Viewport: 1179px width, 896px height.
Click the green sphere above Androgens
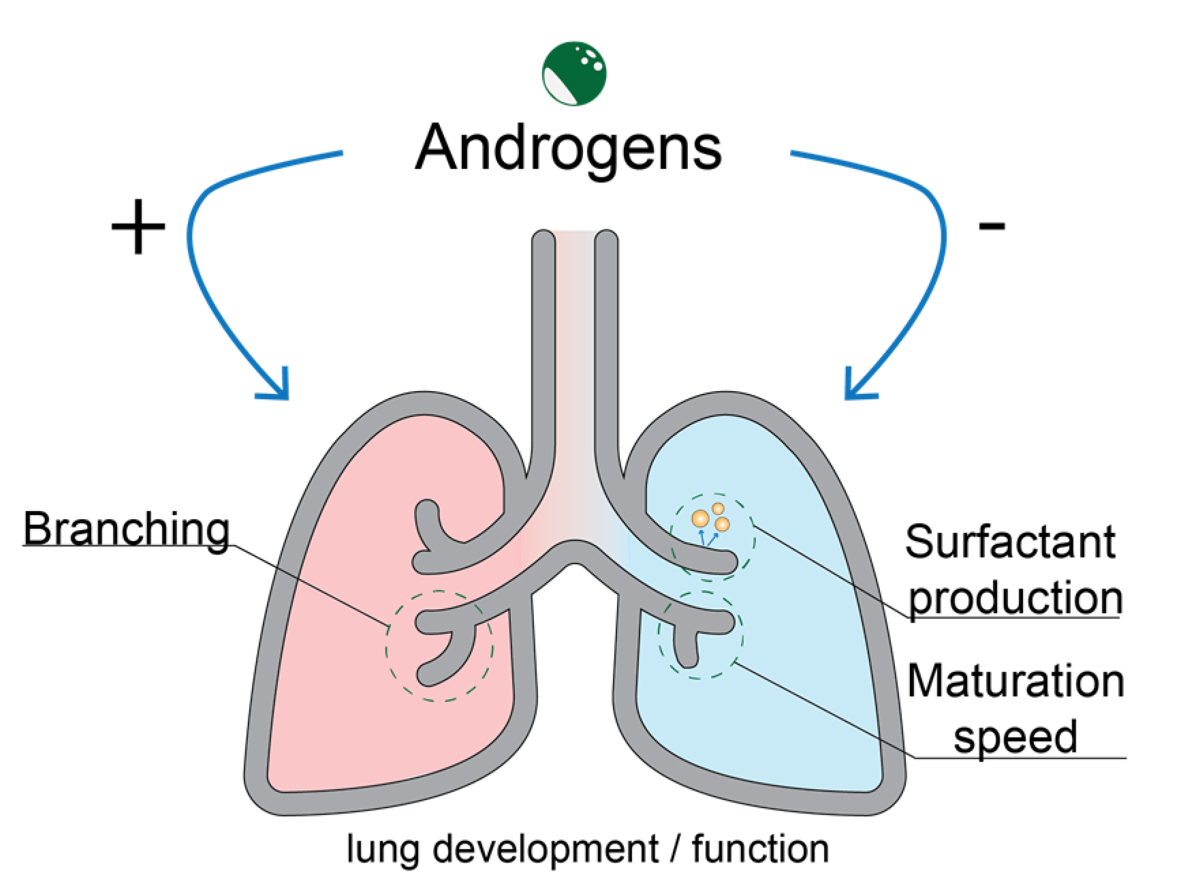pyautogui.click(x=574, y=73)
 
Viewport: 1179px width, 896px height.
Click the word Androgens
pyautogui.click(x=568, y=147)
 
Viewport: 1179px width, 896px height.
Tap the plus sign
pyautogui.click(x=138, y=227)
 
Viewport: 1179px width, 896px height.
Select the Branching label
pyautogui.click(x=126, y=529)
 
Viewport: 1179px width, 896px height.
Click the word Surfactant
pyautogui.click(x=1010, y=542)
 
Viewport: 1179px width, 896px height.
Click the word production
pyautogui.click(x=1016, y=598)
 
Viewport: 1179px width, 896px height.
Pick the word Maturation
pyautogui.click(x=1016, y=681)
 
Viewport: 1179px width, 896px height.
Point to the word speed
pyautogui.click(x=1015, y=736)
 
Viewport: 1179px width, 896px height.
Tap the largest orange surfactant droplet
pyautogui.click(x=699, y=519)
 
